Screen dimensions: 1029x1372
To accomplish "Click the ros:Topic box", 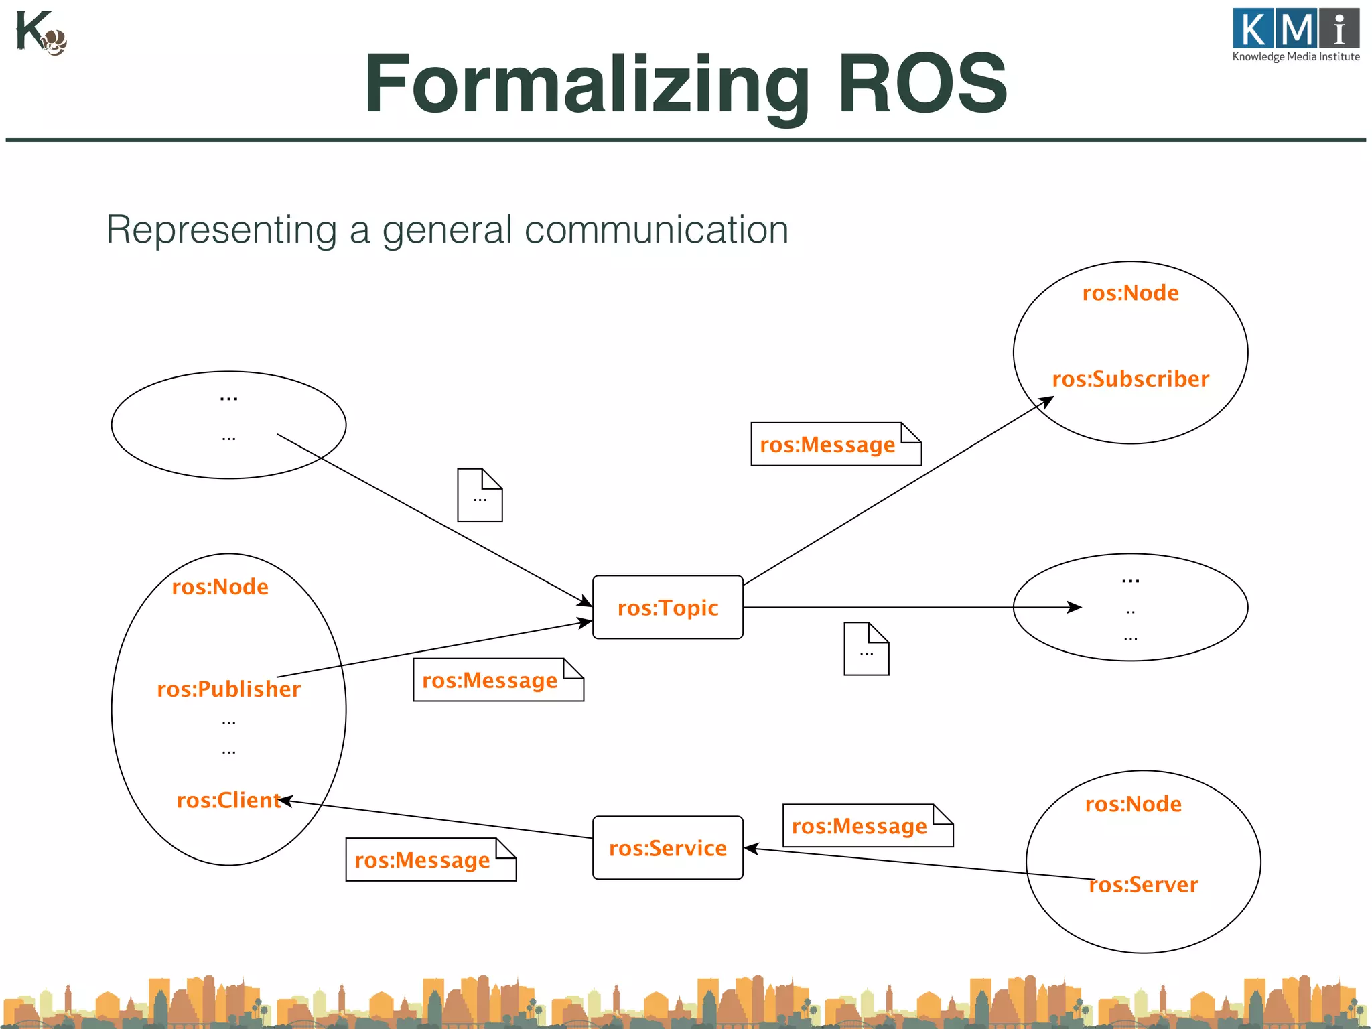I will (667, 607).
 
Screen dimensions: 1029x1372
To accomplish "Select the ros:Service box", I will (667, 847).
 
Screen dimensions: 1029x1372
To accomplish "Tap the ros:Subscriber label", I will (1130, 379).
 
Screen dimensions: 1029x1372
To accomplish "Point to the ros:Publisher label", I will (228, 689).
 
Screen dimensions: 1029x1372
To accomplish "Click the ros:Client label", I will (228, 800).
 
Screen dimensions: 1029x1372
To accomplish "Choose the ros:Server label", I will (1143, 884).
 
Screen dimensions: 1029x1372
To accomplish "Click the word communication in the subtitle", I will (656, 230).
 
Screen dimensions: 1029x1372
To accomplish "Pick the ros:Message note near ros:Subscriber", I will (835, 444).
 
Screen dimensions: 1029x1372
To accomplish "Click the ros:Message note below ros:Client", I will (430, 860).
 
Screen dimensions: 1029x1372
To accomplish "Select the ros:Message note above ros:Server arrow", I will (867, 826).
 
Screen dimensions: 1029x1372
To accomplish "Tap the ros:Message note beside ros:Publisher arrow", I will (498, 680).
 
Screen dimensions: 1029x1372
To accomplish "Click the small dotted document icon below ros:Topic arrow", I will (866, 648).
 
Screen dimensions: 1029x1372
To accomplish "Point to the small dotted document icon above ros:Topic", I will (480, 495).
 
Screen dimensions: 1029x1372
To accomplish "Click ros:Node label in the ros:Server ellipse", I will (1133, 804).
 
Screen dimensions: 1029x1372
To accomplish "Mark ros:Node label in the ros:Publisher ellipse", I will (220, 587).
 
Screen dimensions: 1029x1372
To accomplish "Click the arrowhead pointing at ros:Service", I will (750, 848).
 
